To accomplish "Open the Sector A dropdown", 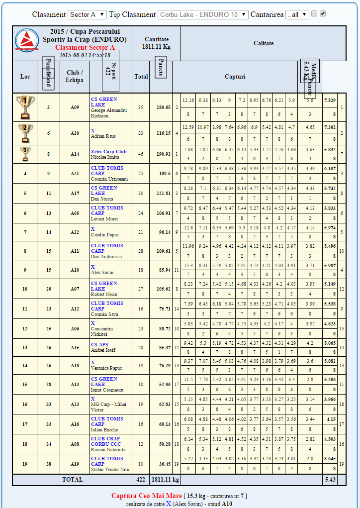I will pos(87,14).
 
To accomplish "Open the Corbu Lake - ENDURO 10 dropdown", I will pos(203,14).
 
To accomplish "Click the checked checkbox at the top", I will pos(323,14).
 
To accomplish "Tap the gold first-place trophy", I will pos(25,107).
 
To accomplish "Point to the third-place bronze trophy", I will pos(25,154).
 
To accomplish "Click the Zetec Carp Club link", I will pos(109,151).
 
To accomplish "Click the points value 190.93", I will pos(164,154).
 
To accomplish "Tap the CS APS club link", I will pos(100,344).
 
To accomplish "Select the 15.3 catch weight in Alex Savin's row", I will pos(188,265).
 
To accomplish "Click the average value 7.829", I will pos(330,100).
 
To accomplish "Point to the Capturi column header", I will pos(235,77).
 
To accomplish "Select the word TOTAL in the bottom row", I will pos(72,479).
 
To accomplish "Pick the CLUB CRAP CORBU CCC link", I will pos(105,441).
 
